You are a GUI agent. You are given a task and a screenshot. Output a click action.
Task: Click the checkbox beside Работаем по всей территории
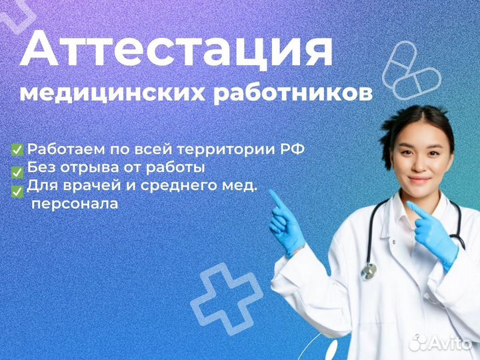coord(17,149)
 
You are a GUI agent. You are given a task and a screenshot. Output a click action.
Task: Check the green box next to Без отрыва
coord(17,171)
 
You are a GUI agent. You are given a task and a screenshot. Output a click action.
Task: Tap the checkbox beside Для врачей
coord(17,191)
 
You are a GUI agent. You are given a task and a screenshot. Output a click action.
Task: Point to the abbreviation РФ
coord(294,149)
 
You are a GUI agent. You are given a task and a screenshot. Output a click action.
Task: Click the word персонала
coord(75,204)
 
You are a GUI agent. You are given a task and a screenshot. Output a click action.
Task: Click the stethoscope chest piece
coord(368,271)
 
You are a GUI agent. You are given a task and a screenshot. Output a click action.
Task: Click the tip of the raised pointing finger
coord(271,192)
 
